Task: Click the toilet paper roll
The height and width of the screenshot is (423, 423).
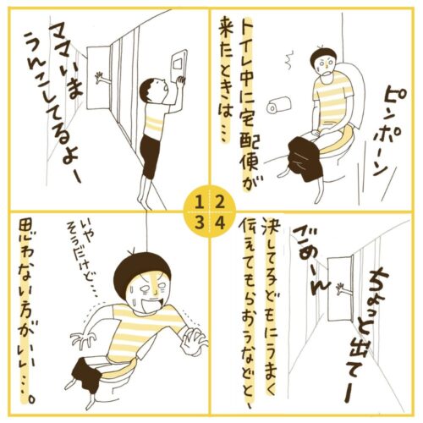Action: pos(279,105)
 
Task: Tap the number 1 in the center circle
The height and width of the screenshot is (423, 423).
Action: pos(200,203)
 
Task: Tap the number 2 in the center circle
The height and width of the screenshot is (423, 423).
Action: pos(220,203)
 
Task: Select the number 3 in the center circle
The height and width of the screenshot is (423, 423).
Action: pos(200,223)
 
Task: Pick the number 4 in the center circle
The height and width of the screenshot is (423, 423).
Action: pos(220,223)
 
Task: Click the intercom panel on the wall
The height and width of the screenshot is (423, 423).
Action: pos(179,64)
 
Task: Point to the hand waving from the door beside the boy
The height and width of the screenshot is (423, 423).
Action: pos(102,79)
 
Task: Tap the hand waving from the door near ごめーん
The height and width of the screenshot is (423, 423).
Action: pos(342,290)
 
